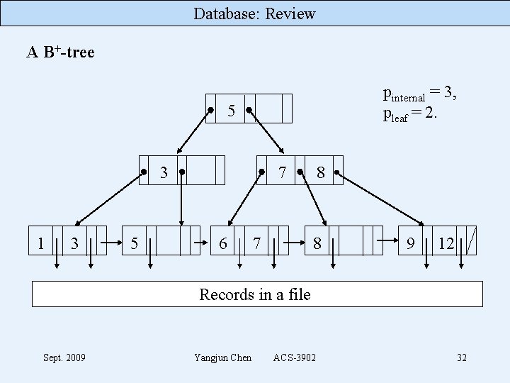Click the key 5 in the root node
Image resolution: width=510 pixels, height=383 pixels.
pos(231,111)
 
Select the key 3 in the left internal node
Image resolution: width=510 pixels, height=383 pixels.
pos(163,172)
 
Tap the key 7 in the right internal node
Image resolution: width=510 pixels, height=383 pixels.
pos(281,172)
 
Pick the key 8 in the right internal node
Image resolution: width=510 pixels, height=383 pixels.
pos(321,172)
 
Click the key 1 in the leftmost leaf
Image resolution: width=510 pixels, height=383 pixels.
pos(41,243)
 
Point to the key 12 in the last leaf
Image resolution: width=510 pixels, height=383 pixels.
pos(446,243)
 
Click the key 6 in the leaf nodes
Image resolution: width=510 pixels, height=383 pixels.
pos(222,243)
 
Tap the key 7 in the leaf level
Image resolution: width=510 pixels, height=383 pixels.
pos(256,243)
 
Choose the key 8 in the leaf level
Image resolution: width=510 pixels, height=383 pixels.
pos(317,243)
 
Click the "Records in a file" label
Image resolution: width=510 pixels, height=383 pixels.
pos(255,294)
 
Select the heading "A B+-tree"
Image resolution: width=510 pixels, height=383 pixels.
pos(61,52)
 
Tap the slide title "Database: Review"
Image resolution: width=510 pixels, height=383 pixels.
pos(255,13)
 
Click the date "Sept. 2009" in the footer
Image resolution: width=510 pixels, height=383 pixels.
pos(64,357)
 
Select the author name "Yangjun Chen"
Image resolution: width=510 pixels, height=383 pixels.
pos(222,357)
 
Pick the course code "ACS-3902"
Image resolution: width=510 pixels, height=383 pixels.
pos(295,357)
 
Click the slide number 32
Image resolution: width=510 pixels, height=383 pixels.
pos(462,357)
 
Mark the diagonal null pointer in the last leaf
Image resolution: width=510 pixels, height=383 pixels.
pos(471,240)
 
